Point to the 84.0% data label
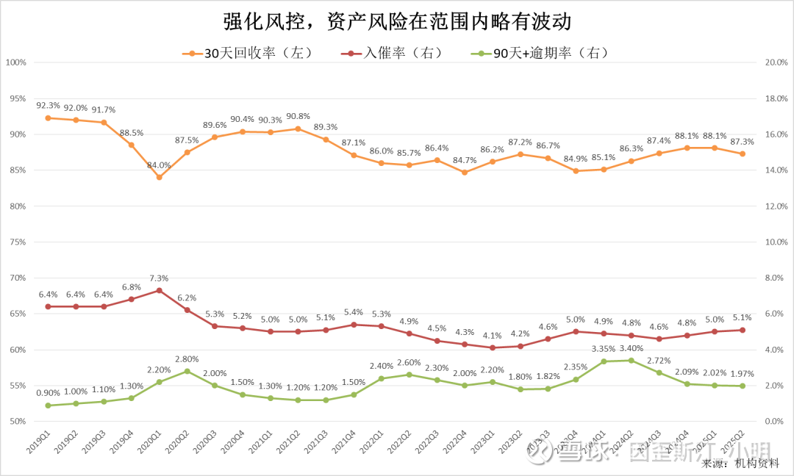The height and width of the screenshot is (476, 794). [159, 165]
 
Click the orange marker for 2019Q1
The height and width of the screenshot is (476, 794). [48, 118]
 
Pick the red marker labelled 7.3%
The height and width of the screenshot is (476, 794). [160, 290]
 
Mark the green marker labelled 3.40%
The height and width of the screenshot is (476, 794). [631, 360]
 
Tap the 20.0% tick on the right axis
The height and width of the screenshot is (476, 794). [777, 62]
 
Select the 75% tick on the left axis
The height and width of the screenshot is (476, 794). [17, 242]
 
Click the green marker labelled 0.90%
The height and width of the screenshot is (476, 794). [48, 405]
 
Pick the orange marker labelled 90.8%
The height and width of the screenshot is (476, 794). [298, 129]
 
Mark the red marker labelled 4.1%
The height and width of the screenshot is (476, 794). [493, 347]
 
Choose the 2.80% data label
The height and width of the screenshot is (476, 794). [187, 359]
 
